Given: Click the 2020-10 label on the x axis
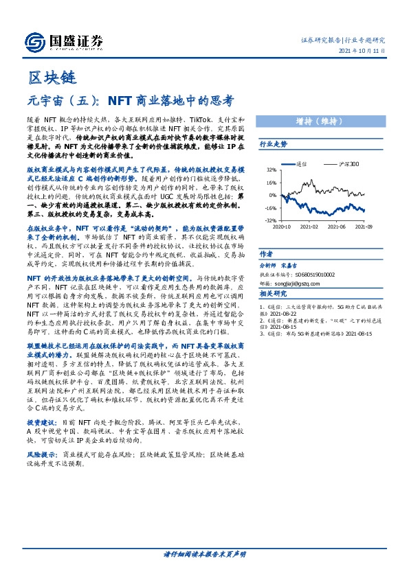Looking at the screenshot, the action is [282, 226].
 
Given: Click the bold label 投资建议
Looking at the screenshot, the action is [39, 402].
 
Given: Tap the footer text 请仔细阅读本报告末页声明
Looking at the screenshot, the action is [204, 553].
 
